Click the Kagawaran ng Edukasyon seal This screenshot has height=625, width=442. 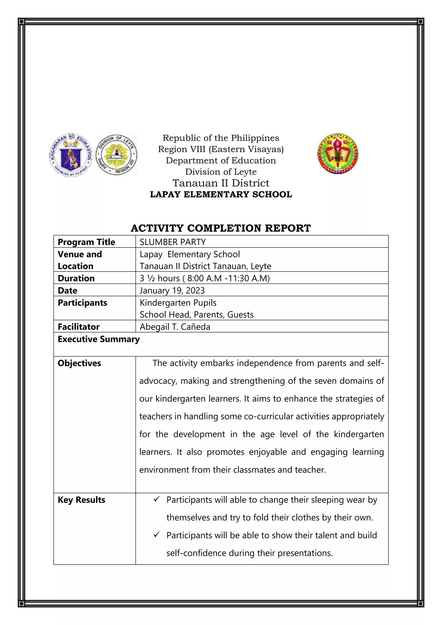[x=71, y=155]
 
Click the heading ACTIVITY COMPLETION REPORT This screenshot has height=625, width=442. [x=221, y=228]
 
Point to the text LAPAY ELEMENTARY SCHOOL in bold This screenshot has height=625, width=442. [x=221, y=194]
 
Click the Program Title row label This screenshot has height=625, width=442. [x=86, y=242]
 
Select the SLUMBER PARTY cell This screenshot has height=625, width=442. [x=173, y=242]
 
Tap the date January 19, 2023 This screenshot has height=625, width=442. [x=172, y=290]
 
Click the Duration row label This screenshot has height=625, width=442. [x=76, y=278]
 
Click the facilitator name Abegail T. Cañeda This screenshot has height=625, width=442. [x=175, y=327]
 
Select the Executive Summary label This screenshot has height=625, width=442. [x=99, y=339]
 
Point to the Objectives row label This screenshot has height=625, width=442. [x=79, y=363]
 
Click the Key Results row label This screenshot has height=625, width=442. [x=81, y=500]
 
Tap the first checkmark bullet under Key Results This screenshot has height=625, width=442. [x=156, y=499]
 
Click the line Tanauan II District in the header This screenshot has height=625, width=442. [x=221, y=183]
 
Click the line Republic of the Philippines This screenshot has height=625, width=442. [x=221, y=138]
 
